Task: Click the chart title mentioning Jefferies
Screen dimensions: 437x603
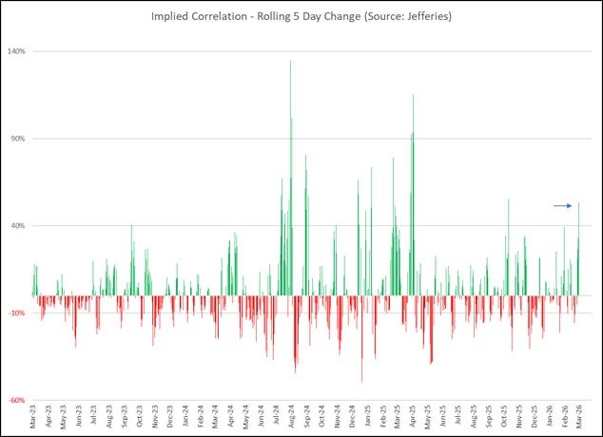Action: (x=301, y=16)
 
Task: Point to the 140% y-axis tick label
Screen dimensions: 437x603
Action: (x=16, y=51)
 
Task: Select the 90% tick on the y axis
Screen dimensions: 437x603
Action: (x=17, y=139)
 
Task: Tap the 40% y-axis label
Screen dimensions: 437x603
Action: (x=17, y=226)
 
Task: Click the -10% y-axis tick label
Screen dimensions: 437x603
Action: (x=16, y=313)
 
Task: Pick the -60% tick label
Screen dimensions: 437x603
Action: (x=16, y=400)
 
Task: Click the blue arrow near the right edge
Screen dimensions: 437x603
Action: (x=563, y=205)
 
